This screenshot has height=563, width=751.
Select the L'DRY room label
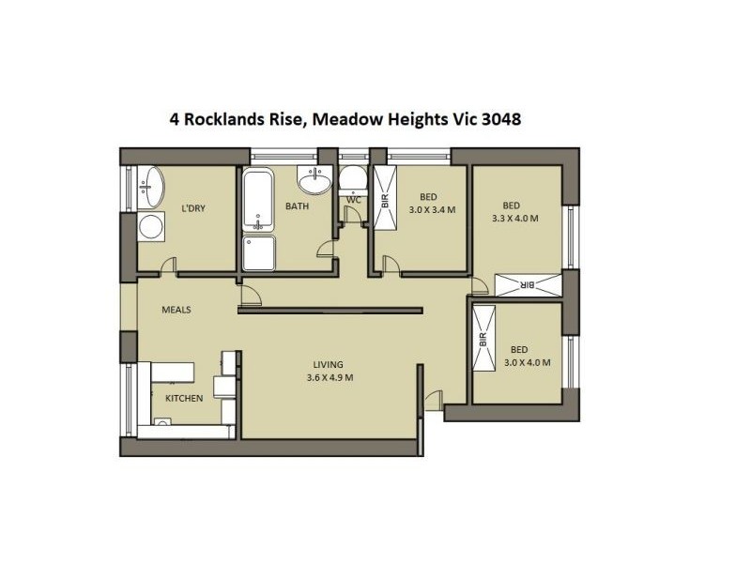point(193,208)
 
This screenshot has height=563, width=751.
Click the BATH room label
point(298,206)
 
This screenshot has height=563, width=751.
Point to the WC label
point(353,200)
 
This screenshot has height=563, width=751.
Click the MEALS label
point(176,309)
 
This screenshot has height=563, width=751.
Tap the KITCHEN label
point(184,398)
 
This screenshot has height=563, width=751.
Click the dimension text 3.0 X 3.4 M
point(432,209)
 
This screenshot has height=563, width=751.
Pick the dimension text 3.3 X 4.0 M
point(514,219)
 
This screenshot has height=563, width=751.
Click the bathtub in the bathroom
point(257,201)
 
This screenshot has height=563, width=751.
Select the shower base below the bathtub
point(259,252)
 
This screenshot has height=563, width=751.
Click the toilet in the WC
point(353,179)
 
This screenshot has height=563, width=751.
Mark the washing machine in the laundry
point(149,226)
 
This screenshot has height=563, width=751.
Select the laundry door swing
point(167,266)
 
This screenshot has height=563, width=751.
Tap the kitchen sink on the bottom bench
point(161,425)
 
